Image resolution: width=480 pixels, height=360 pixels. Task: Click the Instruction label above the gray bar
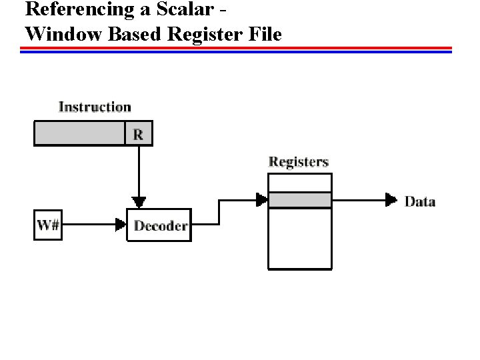[x=95, y=107]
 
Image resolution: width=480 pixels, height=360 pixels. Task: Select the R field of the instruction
[x=138, y=134]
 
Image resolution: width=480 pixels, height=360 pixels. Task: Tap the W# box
[x=48, y=225]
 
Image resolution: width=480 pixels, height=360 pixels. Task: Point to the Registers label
[x=298, y=162]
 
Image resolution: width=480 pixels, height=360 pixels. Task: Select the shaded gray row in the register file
[x=299, y=200]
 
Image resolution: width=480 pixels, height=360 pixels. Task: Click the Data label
[x=420, y=201]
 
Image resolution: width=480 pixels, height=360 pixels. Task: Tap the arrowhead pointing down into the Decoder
[x=139, y=202]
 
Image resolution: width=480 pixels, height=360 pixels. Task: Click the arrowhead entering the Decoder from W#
[x=121, y=225]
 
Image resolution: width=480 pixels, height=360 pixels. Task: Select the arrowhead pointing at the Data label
[x=391, y=199]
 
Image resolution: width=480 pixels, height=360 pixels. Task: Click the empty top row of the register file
[x=299, y=183]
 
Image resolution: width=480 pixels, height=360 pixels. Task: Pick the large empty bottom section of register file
[x=299, y=238]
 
